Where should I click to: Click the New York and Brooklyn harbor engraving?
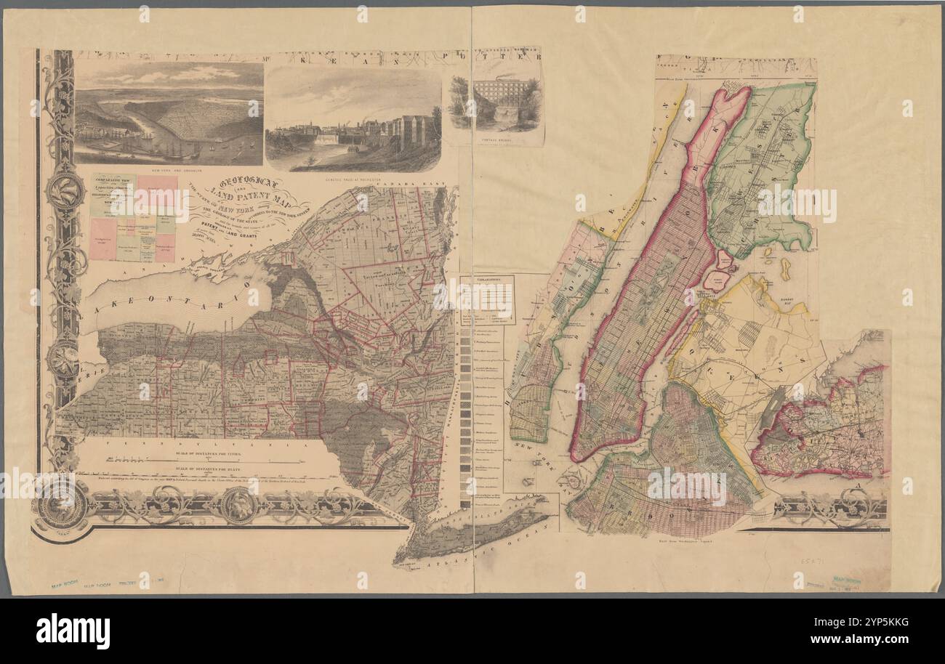click(x=169, y=113)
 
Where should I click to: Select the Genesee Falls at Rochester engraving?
click(x=353, y=120)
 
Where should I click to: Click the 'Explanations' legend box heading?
click(x=487, y=278)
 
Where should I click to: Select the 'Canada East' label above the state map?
click(x=418, y=183)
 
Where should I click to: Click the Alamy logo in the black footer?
click(x=73, y=631)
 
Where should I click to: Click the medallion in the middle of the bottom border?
click(x=238, y=504)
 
